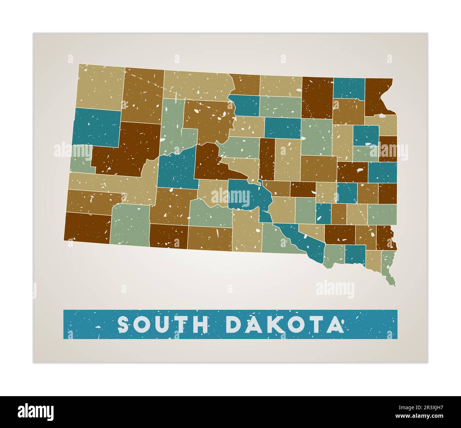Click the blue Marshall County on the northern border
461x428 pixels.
tap(349, 88)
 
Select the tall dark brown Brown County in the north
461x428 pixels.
tap(317, 97)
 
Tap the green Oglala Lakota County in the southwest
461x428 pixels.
tap(129, 225)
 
